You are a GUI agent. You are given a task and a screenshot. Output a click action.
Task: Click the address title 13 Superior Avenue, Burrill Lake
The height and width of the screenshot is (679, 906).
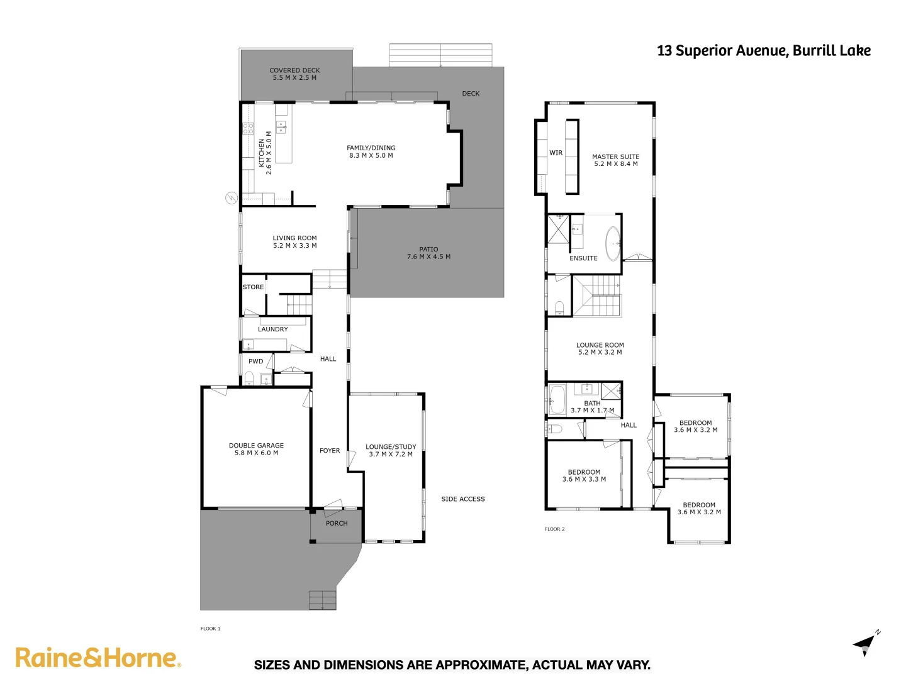click(763, 51)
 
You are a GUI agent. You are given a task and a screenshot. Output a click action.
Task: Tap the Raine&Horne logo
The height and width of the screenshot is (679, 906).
click(98, 658)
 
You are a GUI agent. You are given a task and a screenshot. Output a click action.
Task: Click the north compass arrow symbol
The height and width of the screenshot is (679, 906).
click(865, 644)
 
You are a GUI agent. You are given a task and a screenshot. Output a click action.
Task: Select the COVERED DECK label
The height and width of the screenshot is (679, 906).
click(294, 70)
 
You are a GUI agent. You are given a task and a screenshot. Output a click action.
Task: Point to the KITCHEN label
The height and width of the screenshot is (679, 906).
click(262, 153)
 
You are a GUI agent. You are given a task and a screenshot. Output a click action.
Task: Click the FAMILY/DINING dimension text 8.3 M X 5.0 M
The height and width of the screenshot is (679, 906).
click(371, 155)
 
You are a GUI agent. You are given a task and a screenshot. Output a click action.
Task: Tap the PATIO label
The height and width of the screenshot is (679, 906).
click(428, 249)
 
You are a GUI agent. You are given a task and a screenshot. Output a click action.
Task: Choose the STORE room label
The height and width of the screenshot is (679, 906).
click(253, 287)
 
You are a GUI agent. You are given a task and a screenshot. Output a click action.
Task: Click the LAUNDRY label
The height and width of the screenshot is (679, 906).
click(272, 329)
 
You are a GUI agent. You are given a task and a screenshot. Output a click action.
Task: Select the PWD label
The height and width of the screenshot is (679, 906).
click(255, 362)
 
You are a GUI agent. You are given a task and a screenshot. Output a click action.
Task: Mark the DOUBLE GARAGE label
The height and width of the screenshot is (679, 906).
click(256, 446)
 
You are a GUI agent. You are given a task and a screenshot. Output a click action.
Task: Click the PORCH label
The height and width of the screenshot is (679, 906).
click(337, 523)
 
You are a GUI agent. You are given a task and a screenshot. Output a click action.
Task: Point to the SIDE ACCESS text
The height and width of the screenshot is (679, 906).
click(463, 499)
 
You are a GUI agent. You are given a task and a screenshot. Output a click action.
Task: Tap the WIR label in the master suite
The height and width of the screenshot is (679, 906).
click(556, 153)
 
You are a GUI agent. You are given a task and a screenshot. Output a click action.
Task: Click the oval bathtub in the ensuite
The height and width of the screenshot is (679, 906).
click(613, 244)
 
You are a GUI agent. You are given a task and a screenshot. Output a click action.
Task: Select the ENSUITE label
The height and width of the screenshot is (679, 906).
click(583, 258)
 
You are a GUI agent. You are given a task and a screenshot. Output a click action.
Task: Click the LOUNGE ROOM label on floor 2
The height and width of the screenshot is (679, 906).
click(600, 345)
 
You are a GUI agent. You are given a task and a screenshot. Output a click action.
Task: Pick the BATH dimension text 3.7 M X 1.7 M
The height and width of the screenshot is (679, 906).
click(592, 411)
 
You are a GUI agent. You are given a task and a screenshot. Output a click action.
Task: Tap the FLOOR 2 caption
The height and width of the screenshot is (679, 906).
click(554, 529)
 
